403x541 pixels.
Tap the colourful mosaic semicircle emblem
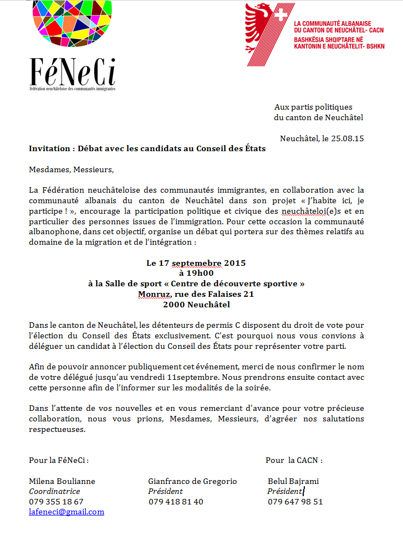point(73,25)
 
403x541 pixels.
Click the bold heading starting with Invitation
point(147,148)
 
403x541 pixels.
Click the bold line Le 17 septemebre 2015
point(196,262)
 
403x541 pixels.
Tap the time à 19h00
point(196,273)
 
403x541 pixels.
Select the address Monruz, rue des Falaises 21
point(196,294)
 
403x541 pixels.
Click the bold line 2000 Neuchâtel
point(196,305)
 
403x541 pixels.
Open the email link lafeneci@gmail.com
point(67,512)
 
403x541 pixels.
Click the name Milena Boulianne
point(62,481)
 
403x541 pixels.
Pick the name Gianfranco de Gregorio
point(192,481)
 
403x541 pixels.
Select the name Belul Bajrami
point(293,481)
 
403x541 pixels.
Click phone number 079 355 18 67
point(56,502)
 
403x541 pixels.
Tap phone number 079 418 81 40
point(176,502)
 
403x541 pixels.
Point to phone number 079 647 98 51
point(295,502)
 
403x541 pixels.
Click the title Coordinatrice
point(54,491)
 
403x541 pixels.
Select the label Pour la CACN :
point(294,460)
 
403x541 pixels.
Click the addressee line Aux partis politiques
point(313,107)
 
